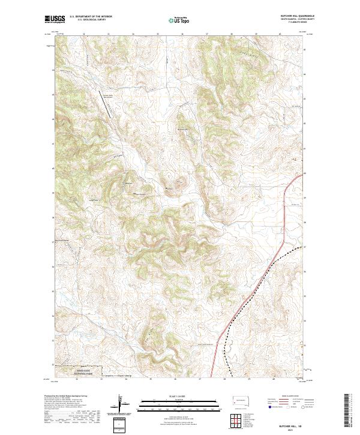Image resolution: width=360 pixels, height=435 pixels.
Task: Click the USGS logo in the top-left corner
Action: (56, 19)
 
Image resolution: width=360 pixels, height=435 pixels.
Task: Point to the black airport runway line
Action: (109, 107)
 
